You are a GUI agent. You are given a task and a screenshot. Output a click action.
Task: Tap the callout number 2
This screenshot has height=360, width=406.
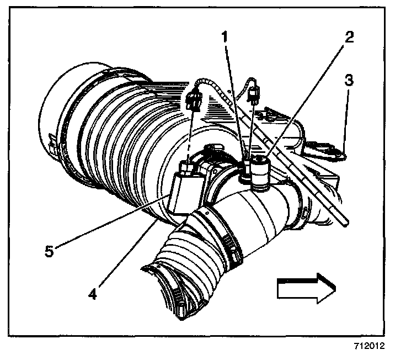tap(349, 38)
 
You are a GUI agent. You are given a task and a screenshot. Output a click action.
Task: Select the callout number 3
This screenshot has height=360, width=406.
tap(348, 80)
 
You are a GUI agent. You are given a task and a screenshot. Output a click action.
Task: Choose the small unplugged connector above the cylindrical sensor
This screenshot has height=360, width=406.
tap(254, 96)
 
